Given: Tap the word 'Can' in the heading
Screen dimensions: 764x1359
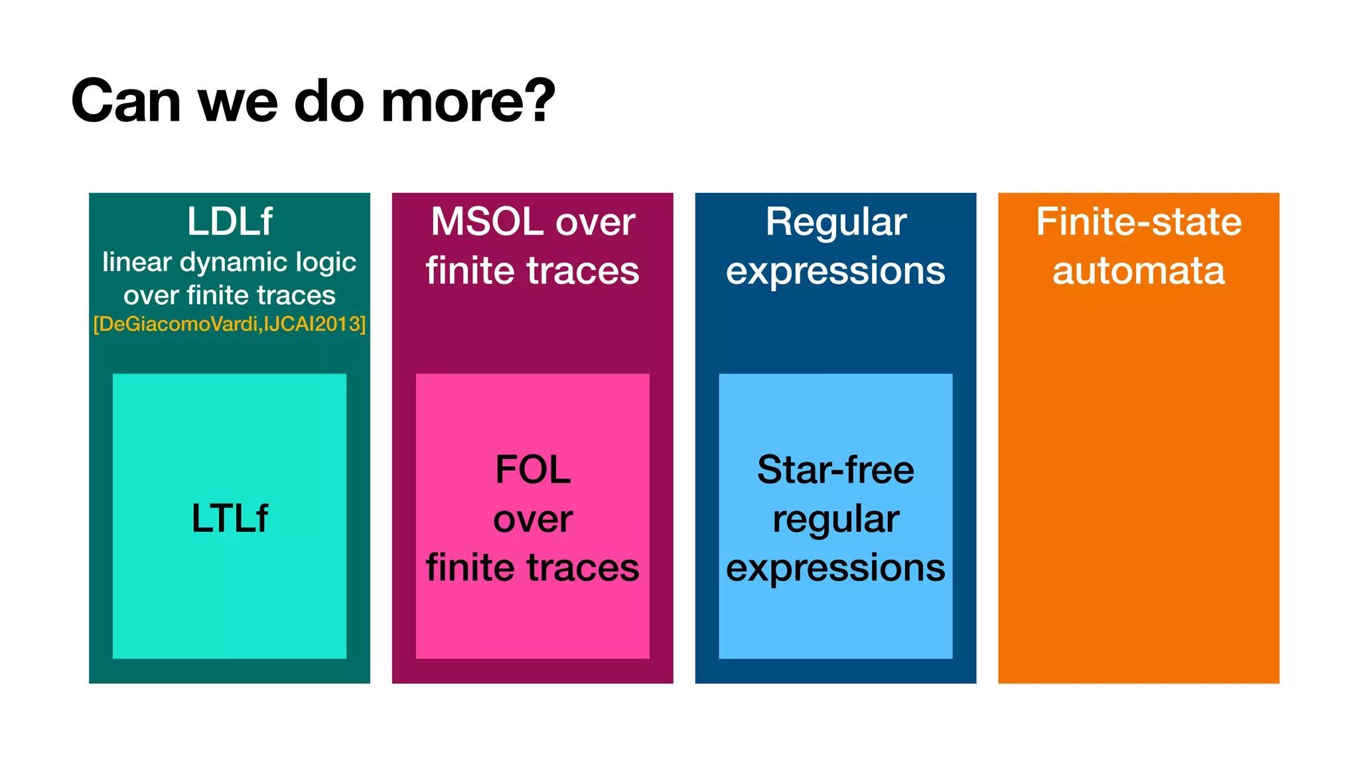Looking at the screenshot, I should (x=126, y=101).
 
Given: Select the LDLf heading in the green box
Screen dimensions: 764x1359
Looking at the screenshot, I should (x=230, y=222).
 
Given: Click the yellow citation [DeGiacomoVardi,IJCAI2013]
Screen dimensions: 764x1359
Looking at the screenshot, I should (x=230, y=324).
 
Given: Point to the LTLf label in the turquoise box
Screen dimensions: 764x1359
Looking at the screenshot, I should (x=230, y=518).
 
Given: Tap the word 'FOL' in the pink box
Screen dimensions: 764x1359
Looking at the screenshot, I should (x=533, y=470).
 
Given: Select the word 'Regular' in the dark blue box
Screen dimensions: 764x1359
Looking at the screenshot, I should (x=835, y=222).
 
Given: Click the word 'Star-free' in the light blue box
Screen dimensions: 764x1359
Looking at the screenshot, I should (x=835, y=470).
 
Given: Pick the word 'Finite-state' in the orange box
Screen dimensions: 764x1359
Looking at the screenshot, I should (x=1139, y=222).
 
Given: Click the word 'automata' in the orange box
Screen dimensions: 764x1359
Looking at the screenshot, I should (x=1139, y=271).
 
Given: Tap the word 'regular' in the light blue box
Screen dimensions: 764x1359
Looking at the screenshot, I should (x=835, y=519).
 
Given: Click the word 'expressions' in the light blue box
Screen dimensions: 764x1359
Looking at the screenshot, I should (x=835, y=568).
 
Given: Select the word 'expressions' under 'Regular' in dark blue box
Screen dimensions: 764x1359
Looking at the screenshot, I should (x=835, y=271).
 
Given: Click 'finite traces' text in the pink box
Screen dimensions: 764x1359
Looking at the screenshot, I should (x=533, y=568).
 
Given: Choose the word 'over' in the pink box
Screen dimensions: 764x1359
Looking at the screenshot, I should (x=533, y=519).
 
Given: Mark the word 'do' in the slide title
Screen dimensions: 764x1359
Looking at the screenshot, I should (x=328, y=101).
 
